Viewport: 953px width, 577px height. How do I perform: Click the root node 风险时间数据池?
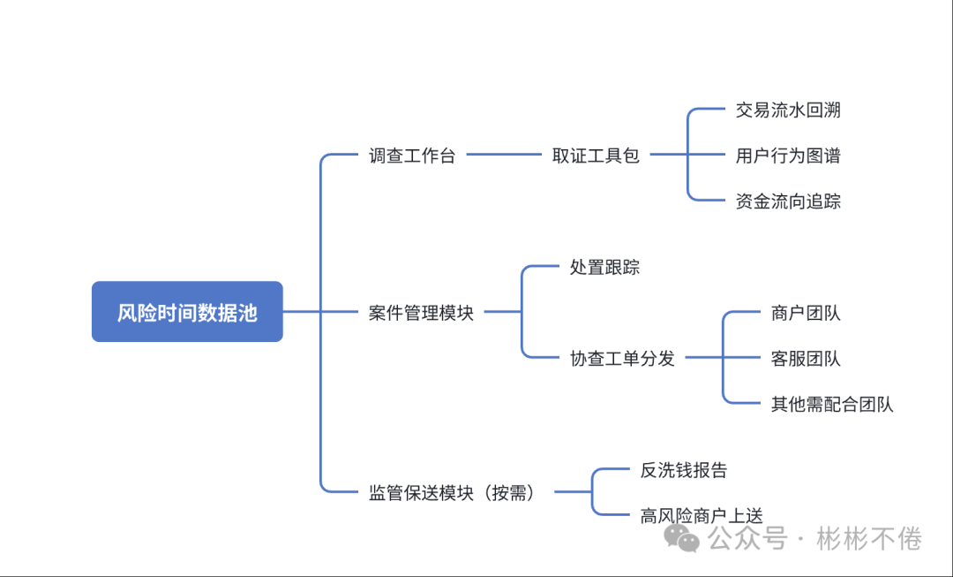[x=187, y=312]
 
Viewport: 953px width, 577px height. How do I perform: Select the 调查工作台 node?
[x=412, y=156]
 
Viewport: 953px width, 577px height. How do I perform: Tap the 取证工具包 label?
[x=596, y=156]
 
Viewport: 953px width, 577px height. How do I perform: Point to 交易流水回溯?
[x=788, y=110]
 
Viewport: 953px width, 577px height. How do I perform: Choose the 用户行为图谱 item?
[x=788, y=156]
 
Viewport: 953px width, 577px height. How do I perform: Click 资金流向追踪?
[x=788, y=201]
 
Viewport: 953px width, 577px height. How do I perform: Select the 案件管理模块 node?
[x=421, y=313]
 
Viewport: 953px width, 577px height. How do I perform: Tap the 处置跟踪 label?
[x=604, y=267]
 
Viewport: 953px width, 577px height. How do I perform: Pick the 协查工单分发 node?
[x=622, y=359]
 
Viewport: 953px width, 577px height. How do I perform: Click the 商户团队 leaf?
[x=806, y=313]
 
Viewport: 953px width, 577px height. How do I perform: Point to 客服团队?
[x=806, y=359]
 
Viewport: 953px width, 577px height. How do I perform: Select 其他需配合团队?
[x=832, y=405]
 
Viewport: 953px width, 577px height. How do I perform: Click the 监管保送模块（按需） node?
[x=452, y=493]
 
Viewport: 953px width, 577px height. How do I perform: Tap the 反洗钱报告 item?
[x=684, y=470]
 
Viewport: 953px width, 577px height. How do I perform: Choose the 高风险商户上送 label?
[x=702, y=516]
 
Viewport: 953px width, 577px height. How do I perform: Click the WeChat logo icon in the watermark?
[x=682, y=536]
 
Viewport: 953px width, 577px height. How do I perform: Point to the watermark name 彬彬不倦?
[x=868, y=537]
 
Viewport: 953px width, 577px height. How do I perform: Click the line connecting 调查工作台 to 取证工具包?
[x=503, y=156]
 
